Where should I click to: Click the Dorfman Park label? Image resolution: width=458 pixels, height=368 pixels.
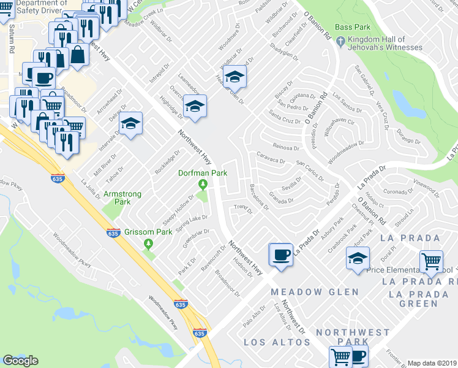(x=203, y=174)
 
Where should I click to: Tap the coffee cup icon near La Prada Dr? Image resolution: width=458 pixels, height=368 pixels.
(x=281, y=254)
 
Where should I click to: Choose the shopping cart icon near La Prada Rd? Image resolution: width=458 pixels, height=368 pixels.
(x=432, y=261)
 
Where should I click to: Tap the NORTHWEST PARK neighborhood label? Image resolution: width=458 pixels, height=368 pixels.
(x=352, y=337)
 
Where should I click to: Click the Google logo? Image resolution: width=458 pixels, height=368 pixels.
(x=21, y=361)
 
